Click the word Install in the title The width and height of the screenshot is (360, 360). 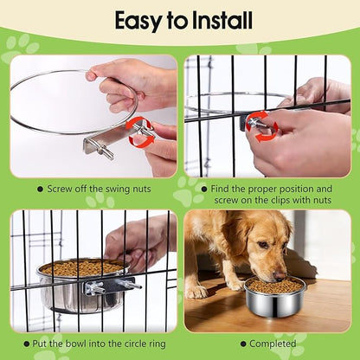pos(222,21)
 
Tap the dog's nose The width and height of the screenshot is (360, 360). pos(280,276)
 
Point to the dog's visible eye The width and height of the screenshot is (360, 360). pos(263,245)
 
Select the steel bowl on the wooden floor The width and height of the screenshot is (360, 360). pos(274,297)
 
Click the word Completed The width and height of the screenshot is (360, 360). pos(273,344)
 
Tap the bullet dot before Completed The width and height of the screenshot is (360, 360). pos(243,344)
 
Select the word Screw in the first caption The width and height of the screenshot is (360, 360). pos(59,190)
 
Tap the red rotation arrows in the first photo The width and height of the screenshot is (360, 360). pos(141,132)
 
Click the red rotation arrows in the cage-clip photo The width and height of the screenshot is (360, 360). pos(262,126)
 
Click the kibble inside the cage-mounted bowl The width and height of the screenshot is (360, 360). pos(83,267)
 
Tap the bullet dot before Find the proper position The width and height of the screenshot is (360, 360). pos(204,190)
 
